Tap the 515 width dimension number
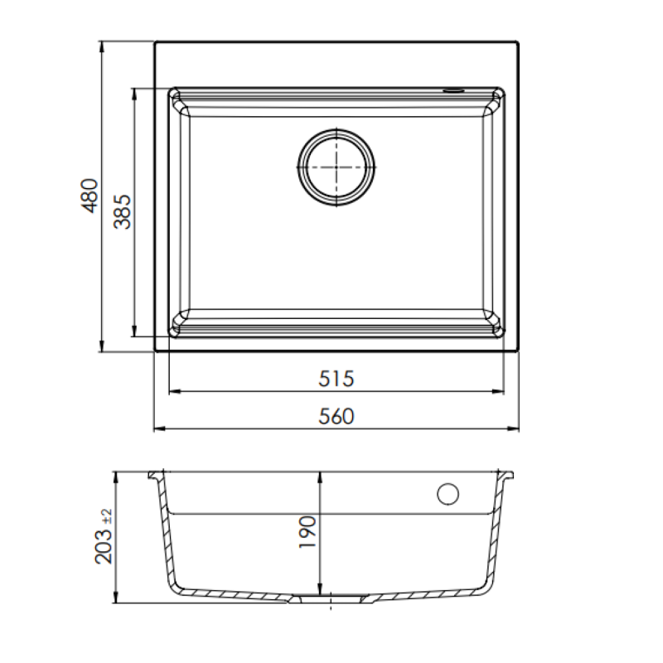(x=336, y=379)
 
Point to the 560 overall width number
(x=336, y=417)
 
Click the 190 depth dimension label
(x=307, y=533)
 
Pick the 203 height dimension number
(x=105, y=547)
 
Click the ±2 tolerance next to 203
(x=105, y=515)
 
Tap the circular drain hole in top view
(x=336, y=165)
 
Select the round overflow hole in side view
(x=448, y=494)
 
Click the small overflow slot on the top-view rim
(x=455, y=89)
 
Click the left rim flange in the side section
(x=155, y=477)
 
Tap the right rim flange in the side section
(x=509, y=477)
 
